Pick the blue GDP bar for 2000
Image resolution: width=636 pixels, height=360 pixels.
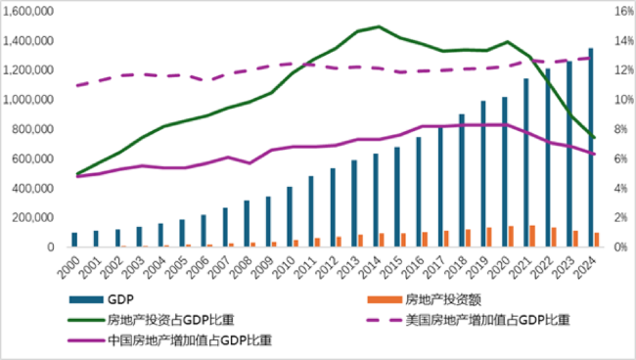pyautogui.click(x=74, y=240)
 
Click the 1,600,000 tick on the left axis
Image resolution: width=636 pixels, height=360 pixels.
pyautogui.click(x=32, y=12)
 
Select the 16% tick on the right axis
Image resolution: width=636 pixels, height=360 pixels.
pyautogui.click(x=623, y=12)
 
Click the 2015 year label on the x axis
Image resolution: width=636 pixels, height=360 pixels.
pyautogui.click(x=397, y=265)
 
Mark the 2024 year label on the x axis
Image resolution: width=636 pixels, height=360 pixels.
pyautogui.click(x=591, y=265)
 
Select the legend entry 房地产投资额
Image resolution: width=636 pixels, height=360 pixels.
pyautogui.click(x=432, y=298)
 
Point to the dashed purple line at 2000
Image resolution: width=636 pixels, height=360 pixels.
pyautogui.click(x=75, y=85)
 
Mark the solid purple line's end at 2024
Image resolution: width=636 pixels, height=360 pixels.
pyautogui.click(x=593, y=154)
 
